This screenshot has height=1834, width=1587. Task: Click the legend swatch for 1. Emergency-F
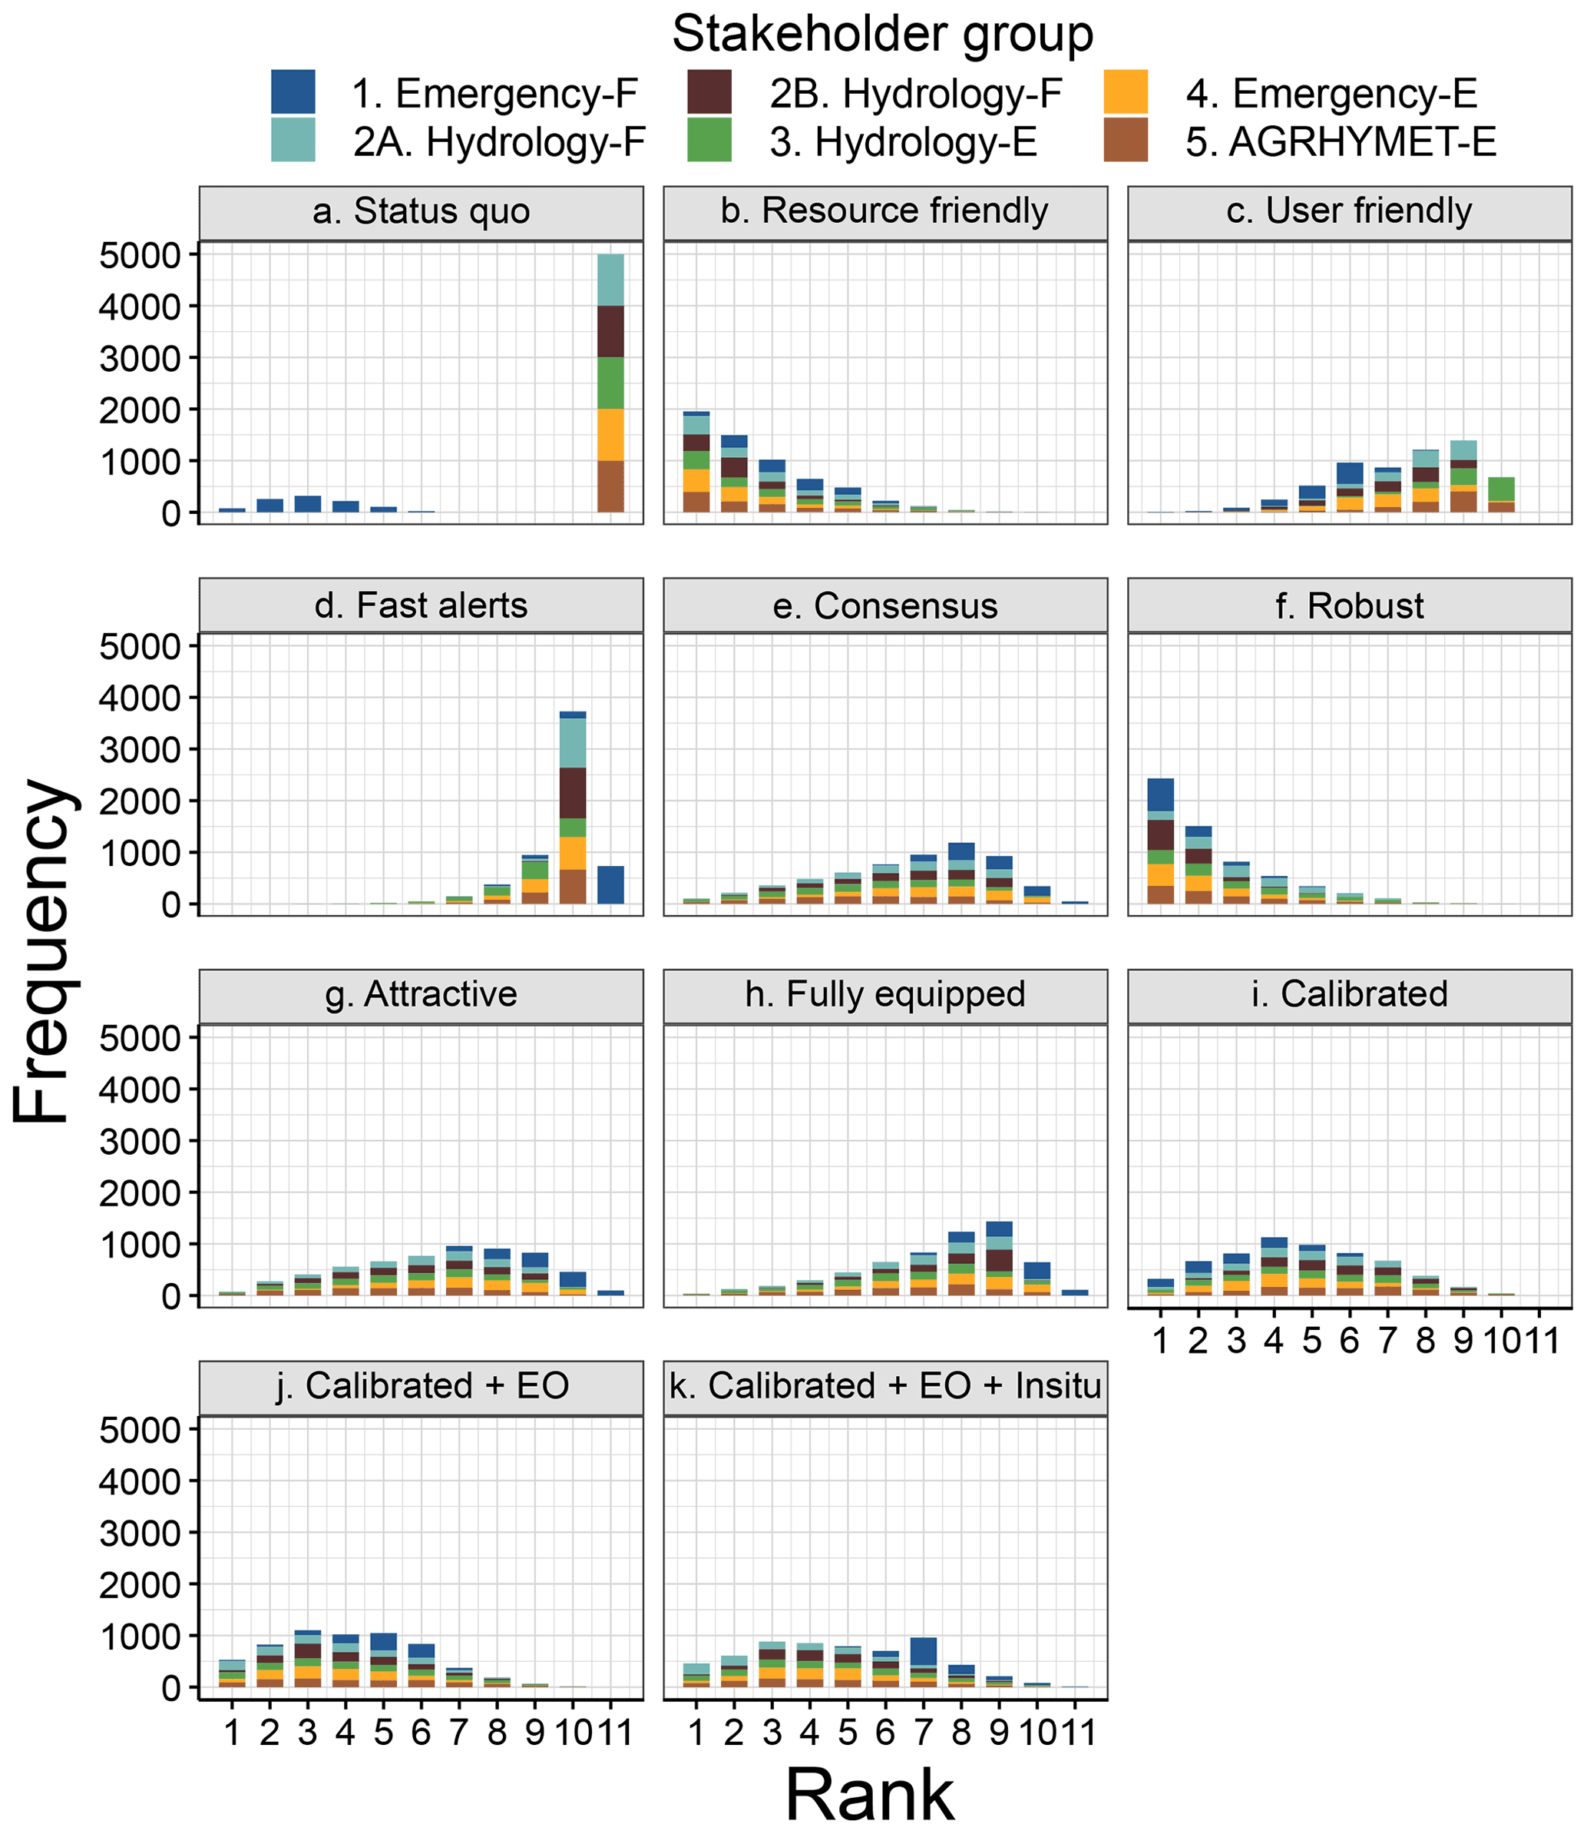point(293,92)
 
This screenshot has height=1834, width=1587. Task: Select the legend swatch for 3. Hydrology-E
point(709,141)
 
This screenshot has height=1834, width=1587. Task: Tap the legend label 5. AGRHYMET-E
point(1341,142)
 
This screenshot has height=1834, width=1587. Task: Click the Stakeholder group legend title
point(882,34)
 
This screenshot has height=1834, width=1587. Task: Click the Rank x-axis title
point(870,1794)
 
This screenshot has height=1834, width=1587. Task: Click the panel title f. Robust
point(1349,606)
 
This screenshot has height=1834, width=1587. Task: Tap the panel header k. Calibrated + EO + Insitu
point(884,1386)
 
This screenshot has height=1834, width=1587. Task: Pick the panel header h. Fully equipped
point(884,994)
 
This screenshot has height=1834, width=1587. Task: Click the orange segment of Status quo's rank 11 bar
point(610,434)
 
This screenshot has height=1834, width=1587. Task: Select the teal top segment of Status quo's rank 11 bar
point(610,280)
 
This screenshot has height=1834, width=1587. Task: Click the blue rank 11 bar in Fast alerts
point(610,884)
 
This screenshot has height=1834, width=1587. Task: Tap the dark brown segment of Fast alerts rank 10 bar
point(573,792)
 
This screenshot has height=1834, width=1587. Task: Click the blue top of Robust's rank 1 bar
point(1160,794)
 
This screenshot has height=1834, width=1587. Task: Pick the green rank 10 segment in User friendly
point(1501,489)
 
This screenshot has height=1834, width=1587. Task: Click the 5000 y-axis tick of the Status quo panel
point(140,256)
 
